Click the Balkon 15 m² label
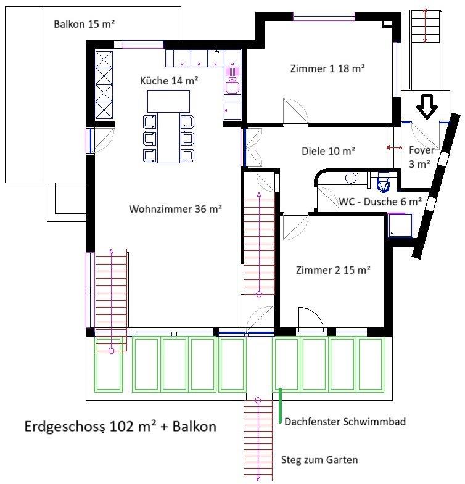(x=84, y=24)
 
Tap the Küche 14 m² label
(x=169, y=81)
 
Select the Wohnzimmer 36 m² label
(x=175, y=209)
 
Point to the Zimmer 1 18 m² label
(x=327, y=68)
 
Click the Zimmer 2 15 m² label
(x=333, y=270)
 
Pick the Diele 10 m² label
(x=328, y=151)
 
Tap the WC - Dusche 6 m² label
(x=381, y=202)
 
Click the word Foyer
(x=421, y=150)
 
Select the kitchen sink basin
(x=232, y=86)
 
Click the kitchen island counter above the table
(x=168, y=101)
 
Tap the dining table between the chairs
(x=168, y=137)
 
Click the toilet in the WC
(x=383, y=183)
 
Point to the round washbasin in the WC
(x=351, y=178)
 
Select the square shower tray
(x=400, y=225)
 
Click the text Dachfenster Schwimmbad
(x=345, y=422)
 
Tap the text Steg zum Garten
(x=319, y=460)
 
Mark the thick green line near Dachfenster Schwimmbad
(x=280, y=406)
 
